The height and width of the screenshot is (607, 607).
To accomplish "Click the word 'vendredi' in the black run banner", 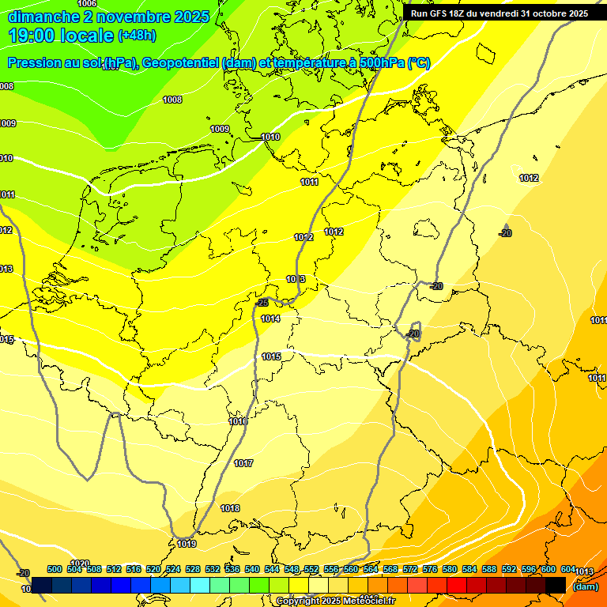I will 496,13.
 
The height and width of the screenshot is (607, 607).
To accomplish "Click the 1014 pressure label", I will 270,319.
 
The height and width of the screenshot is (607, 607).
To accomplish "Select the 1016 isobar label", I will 238,421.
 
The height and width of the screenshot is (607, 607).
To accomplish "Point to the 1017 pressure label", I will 243,463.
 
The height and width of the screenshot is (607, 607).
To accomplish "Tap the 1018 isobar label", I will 230,508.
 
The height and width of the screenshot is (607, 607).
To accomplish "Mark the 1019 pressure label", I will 187,544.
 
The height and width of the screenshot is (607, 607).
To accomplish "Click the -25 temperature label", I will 263,303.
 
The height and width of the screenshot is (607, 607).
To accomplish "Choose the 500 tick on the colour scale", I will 55,569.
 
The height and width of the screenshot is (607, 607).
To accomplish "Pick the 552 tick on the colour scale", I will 311,569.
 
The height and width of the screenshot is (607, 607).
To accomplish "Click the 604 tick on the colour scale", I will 567,569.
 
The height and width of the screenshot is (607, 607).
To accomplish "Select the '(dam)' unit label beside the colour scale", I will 584,586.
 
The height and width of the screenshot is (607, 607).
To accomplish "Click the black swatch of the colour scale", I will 556,585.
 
